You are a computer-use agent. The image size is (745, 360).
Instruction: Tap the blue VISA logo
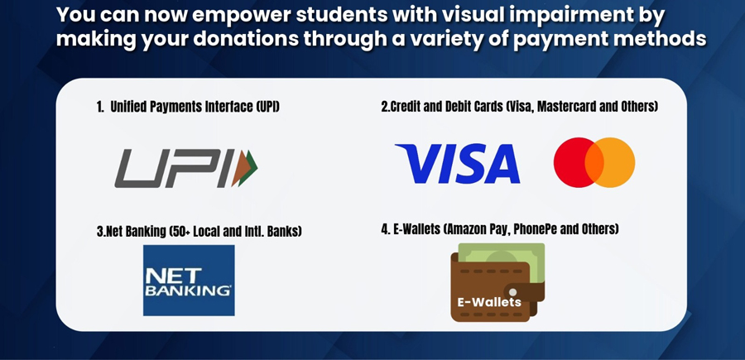[457, 163]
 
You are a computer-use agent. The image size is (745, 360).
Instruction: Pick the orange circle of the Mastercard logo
[617, 162]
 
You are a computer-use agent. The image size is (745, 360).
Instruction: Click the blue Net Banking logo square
[189, 280]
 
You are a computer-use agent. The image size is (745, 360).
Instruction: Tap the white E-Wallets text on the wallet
[489, 302]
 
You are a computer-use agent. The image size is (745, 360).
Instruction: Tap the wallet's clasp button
[513, 292]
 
